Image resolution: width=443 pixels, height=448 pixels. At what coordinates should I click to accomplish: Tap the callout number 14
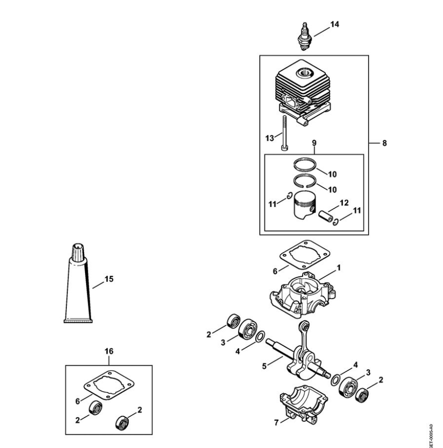tap(334, 24)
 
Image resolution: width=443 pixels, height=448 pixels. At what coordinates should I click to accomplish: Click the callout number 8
tap(384, 143)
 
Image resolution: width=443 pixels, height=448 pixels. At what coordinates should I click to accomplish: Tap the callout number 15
tap(108, 279)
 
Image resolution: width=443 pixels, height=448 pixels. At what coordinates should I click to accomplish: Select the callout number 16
tap(109, 350)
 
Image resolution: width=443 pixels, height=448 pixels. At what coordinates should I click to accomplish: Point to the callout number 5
tap(264, 366)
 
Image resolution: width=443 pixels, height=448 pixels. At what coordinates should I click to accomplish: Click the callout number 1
tap(339, 267)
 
